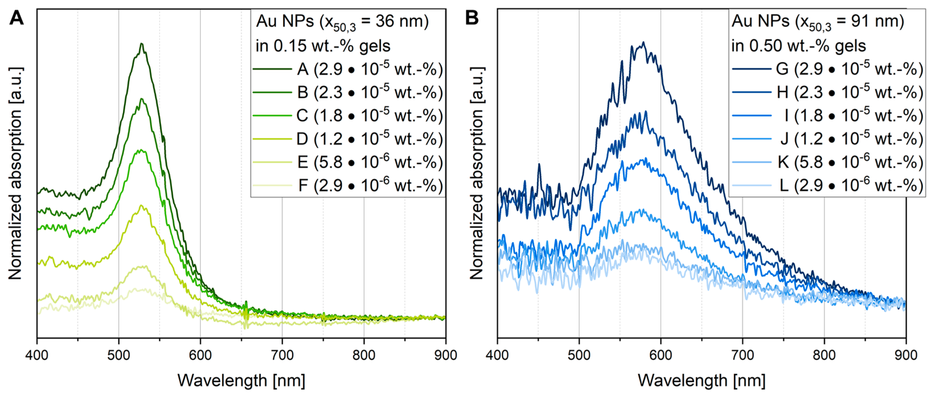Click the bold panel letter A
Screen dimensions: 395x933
[16, 17]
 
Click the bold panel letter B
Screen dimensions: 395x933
[472, 17]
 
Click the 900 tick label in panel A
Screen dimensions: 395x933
[445, 355]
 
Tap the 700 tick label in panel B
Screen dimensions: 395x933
[743, 355]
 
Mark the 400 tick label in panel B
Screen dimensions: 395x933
[497, 355]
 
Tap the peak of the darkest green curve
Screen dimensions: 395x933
[142, 44]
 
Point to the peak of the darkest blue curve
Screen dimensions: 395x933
[643, 43]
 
